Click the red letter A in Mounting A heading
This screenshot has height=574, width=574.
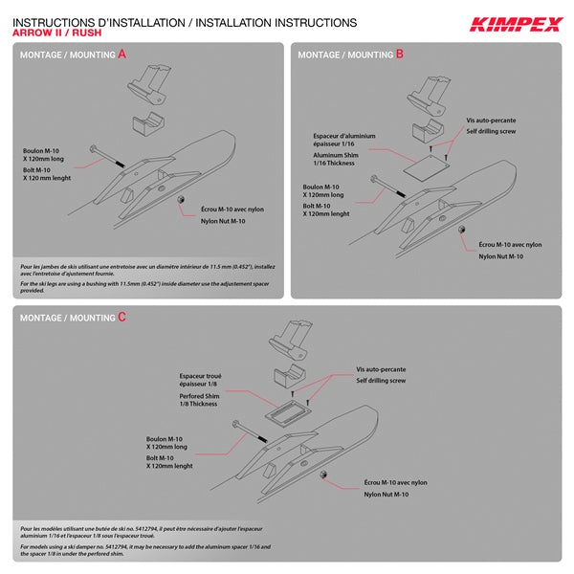tap(121, 55)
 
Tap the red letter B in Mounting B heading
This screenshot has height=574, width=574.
tap(400, 55)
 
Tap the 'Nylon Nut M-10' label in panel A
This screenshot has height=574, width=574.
tap(223, 221)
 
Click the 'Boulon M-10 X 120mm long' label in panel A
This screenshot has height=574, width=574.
tap(46, 155)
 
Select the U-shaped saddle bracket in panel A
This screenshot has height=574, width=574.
tap(145, 124)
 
